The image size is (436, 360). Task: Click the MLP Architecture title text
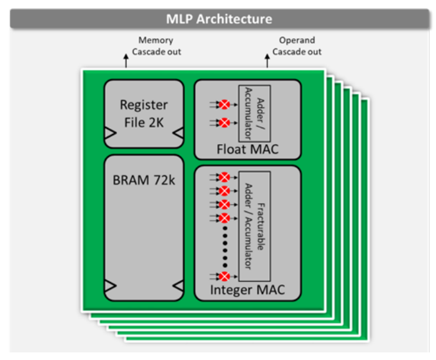[x=219, y=19]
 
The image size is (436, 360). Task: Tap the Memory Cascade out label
[x=155, y=46]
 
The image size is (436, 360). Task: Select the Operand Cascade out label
[x=297, y=46]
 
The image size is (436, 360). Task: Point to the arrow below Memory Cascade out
[x=127, y=62]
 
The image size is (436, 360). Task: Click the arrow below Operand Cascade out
[x=268, y=62]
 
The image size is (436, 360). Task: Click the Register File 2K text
[x=143, y=113]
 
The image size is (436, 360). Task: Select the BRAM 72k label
[x=143, y=180]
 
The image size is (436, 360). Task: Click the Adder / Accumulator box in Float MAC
[x=254, y=113]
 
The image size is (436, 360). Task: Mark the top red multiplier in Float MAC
[x=223, y=105]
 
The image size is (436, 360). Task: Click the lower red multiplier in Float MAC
[x=223, y=122]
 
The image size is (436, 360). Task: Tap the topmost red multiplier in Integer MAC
[x=223, y=177]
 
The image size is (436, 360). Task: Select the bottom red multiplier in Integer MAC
[x=223, y=277]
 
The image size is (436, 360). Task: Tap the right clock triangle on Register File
[x=177, y=133]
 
